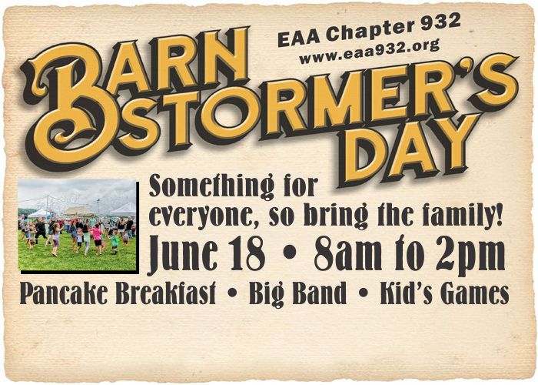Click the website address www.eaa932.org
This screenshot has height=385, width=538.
click(x=369, y=51)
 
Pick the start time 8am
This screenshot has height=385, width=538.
click(x=348, y=255)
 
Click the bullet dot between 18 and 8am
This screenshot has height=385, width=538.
click(x=290, y=253)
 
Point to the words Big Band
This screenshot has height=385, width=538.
click(x=297, y=294)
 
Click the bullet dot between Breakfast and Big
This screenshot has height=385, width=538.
click(x=232, y=293)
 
